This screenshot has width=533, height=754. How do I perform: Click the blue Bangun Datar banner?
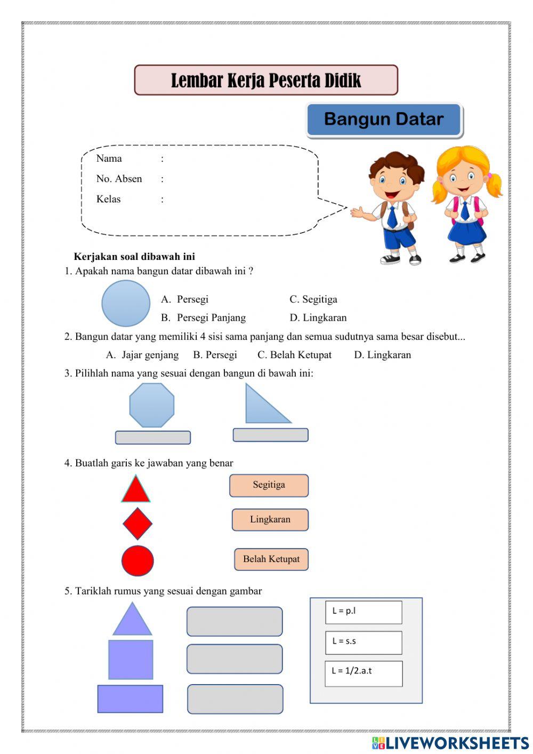coord(384,120)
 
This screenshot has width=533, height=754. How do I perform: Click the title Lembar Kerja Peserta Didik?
coord(266,81)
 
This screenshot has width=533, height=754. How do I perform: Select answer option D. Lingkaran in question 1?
coord(318,318)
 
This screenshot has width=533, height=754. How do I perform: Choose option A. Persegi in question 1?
coord(185,299)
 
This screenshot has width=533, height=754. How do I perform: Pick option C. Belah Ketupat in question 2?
coord(294,355)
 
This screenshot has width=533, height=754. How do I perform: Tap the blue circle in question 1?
coord(126,303)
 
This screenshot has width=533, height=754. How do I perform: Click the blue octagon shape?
coord(152,405)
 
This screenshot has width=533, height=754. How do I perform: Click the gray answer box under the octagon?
coord(153,438)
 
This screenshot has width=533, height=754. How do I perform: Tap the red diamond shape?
coord(138,523)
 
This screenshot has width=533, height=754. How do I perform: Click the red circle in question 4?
coord(138,561)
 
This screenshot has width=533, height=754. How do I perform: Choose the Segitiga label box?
coord(269,485)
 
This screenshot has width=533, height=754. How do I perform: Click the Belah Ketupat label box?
coord(271,559)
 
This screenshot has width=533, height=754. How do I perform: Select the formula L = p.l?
coord(364,612)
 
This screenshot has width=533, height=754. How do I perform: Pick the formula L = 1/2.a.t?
coord(364,673)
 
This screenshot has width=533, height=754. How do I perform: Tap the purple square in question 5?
coord(131,660)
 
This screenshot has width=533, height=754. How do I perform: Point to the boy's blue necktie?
coord(393,217)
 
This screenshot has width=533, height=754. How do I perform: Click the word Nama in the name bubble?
coord(109,158)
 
